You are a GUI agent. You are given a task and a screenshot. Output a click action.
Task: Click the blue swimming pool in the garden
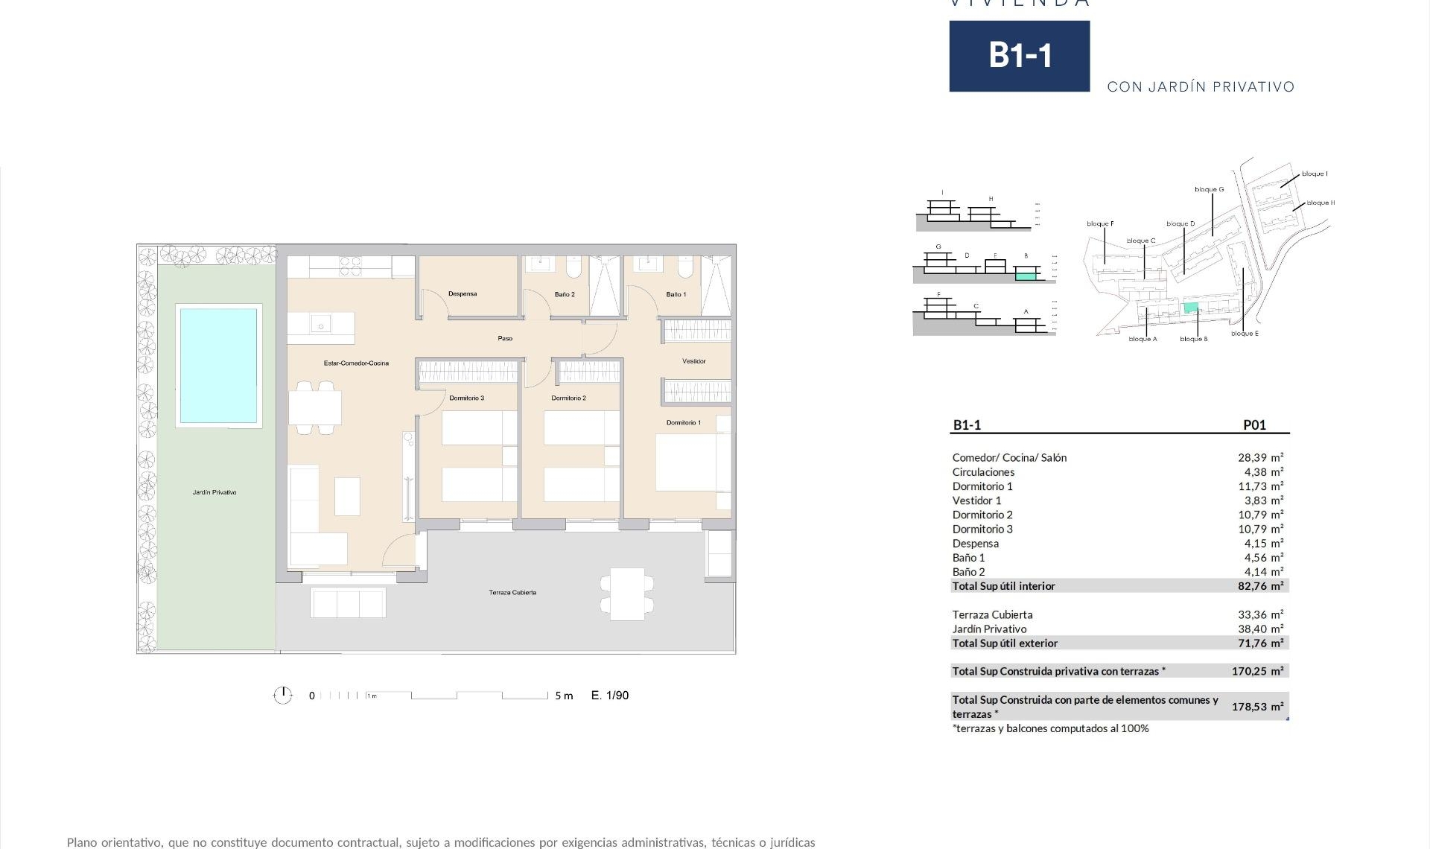217,365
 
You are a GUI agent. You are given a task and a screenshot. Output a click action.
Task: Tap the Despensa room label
463,293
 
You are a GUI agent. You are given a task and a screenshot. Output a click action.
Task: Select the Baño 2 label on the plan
565,294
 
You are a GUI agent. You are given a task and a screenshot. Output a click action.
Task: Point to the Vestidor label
693,361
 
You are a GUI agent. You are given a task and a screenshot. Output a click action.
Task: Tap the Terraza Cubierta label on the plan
512,593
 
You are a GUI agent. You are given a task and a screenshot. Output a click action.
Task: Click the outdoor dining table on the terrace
627,594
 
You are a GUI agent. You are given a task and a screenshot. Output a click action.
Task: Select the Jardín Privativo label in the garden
214,492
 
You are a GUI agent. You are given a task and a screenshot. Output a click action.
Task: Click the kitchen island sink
321,325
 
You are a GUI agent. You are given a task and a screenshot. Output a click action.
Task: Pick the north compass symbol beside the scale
283,696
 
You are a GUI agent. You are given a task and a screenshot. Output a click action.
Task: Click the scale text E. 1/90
610,696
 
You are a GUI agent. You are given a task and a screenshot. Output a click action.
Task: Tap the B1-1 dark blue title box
1019,56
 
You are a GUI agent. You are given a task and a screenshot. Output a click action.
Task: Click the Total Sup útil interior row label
1003,586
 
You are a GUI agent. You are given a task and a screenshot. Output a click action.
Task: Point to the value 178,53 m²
1257,707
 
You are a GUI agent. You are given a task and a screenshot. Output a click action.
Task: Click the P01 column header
1254,425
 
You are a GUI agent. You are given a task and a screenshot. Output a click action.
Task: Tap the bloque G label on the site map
1209,190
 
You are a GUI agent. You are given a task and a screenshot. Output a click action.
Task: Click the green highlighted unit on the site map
1191,308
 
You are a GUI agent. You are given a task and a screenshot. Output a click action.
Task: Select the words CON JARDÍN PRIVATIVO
1201,87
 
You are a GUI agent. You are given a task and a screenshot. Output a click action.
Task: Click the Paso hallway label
505,339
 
